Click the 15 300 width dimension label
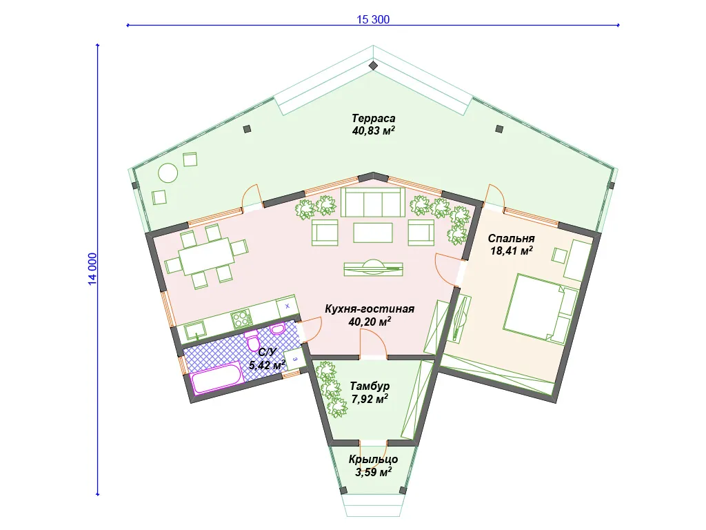pyautogui.click(x=373, y=19)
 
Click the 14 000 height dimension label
pyautogui.click(x=92, y=269)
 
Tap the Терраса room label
pyautogui.click(x=373, y=119)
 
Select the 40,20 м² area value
pyautogui.click(x=370, y=322)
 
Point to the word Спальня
pyautogui.click(x=511, y=238)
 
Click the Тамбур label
pyautogui.click(x=370, y=386)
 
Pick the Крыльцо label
pyautogui.click(x=373, y=459)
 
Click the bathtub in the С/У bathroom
pyautogui.click(x=217, y=379)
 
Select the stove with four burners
pyautogui.click(x=241, y=319)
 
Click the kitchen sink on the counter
pyautogui.click(x=195, y=331)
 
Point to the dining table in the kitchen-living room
pyautogui.click(x=206, y=255)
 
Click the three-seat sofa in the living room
pyautogui.click(x=372, y=202)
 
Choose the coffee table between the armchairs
pyautogui.click(x=373, y=233)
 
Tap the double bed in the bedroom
pyautogui.click(x=541, y=310)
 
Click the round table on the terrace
pyautogui.click(x=168, y=173)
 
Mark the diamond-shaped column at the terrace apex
pyautogui.click(x=373, y=66)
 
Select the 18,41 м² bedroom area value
pyautogui.click(x=512, y=251)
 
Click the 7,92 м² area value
pyautogui.click(x=370, y=399)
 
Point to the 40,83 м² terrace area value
pyautogui.click(x=374, y=130)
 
